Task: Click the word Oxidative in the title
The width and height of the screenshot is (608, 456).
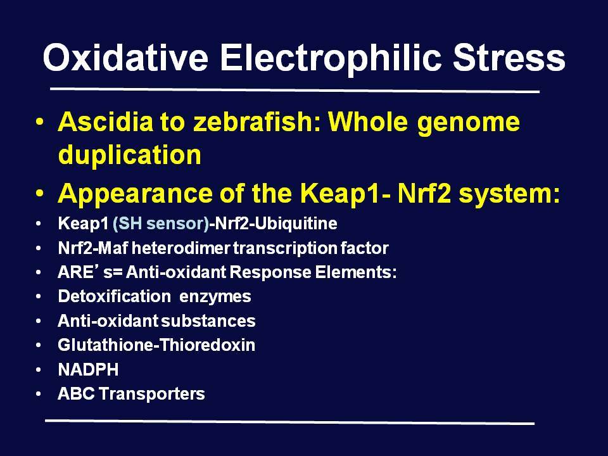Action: click(125, 58)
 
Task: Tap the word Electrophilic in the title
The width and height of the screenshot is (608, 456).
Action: click(331, 58)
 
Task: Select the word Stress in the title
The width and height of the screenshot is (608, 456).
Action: click(509, 58)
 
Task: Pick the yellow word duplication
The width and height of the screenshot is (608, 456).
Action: click(129, 155)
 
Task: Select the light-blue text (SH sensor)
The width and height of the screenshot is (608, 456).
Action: click(161, 224)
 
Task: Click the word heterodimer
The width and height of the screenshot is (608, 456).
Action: click(180, 248)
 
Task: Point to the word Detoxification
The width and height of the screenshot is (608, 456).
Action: click(115, 296)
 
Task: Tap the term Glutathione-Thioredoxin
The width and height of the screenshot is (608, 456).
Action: click(156, 345)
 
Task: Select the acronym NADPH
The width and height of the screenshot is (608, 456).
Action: click(88, 369)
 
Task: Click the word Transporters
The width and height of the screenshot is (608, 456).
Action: click(151, 394)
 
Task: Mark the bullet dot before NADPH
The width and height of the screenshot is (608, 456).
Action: click(38, 370)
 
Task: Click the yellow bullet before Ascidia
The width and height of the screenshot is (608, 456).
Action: click(39, 122)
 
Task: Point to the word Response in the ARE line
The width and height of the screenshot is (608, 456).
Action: click(270, 272)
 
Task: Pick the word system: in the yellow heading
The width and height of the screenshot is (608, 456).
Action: click(509, 194)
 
